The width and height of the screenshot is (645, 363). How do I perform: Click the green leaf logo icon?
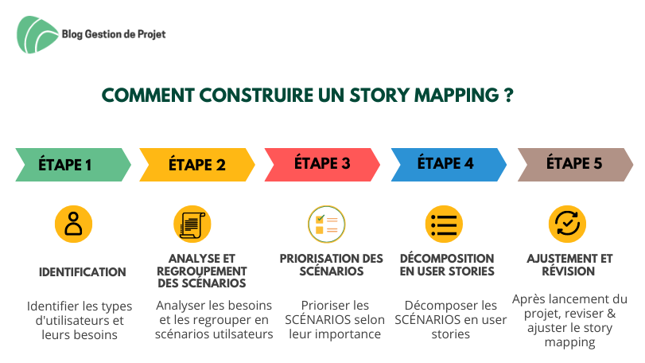[x=37, y=34]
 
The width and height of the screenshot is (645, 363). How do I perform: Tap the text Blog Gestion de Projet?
[x=114, y=34]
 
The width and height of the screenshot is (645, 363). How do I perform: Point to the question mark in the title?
[x=509, y=95]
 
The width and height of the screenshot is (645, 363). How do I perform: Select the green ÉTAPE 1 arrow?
[x=73, y=165]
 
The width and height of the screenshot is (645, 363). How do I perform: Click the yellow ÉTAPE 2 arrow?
[x=197, y=165]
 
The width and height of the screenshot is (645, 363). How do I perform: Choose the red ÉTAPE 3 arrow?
[x=322, y=165]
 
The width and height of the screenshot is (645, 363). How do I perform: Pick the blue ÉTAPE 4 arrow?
[x=449, y=165]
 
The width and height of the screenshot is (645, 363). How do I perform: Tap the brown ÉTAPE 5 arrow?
[x=576, y=165]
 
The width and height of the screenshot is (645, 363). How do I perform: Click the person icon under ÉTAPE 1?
[x=74, y=224]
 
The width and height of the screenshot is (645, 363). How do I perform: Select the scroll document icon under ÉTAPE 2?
[x=192, y=224]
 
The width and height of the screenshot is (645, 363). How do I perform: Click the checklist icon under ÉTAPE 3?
[x=327, y=224]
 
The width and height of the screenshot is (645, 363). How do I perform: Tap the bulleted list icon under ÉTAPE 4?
[x=444, y=224]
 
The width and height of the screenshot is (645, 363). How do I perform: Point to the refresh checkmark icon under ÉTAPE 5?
[x=567, y=224]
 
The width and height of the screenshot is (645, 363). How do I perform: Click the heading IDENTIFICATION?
[x=82, y=272]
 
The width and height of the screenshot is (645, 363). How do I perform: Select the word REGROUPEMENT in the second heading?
[x=202, y=271]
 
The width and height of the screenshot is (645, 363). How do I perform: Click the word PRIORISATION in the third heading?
[x=314, y=259]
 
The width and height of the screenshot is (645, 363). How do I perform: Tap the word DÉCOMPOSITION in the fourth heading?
[x=447, y=259]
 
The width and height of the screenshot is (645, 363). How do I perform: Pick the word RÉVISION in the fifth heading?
[x=569, y=271]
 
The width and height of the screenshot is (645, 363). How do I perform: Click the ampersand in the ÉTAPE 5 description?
[x=611, y=314]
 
